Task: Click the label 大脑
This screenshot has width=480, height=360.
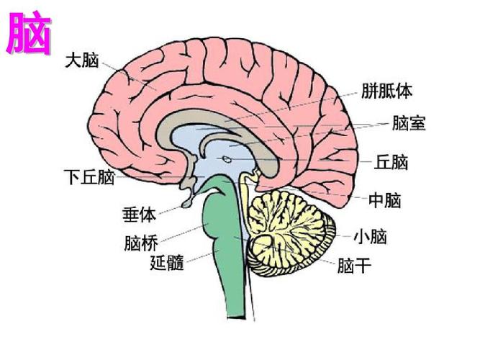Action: point(81,60)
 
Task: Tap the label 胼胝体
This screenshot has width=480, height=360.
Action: point(386,92)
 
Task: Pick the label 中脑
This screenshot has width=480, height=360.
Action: point(384,201)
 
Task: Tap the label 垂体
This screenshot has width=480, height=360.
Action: point(138,214)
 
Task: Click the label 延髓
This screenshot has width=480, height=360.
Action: point(167,263)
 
